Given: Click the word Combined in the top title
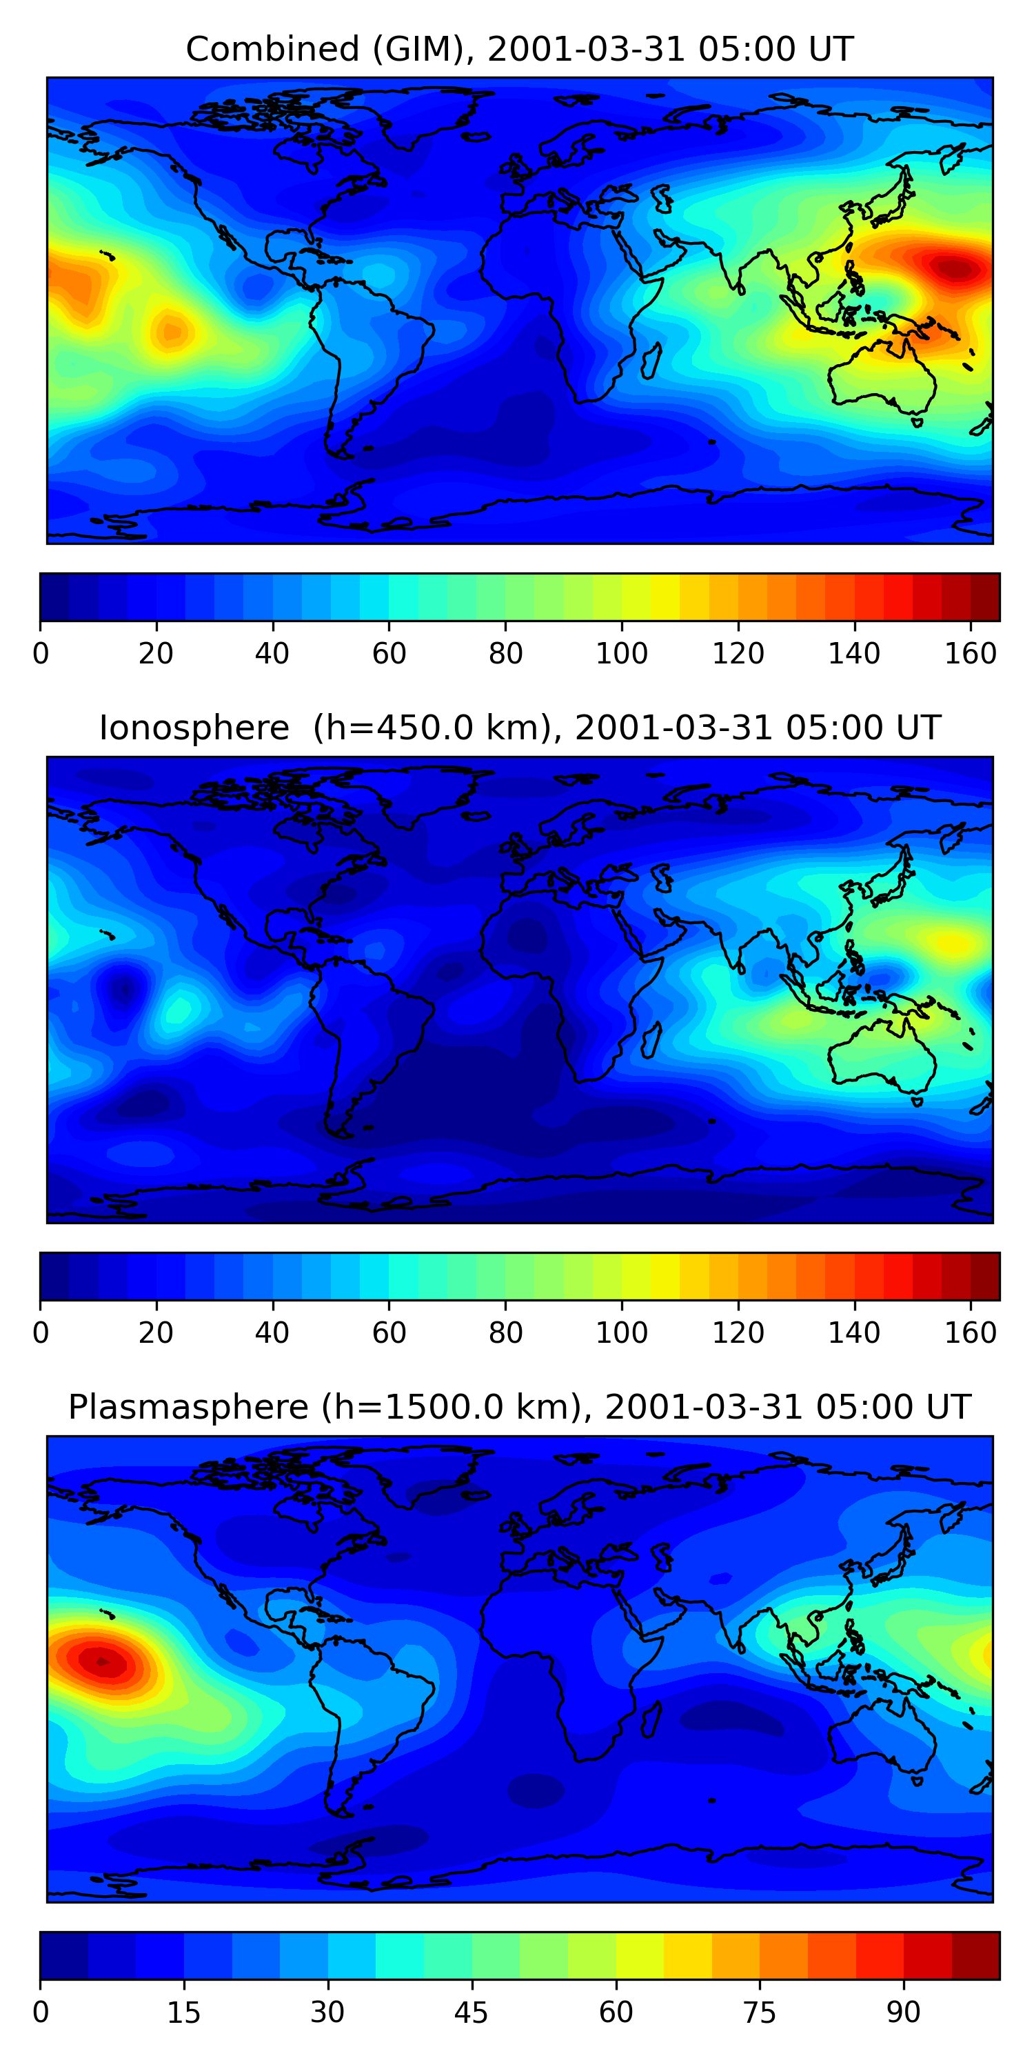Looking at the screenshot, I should [x=272, y=50].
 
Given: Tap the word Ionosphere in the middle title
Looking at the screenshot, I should [x=194, y=728].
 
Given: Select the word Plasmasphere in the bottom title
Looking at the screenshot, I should [x=188, y=1407].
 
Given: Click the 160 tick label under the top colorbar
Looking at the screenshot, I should [x=971, y=654].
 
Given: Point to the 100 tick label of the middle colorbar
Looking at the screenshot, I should [x=621, y=1332].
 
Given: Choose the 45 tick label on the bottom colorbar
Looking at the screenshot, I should [x=472, y=2012].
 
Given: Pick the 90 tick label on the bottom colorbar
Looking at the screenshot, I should [x=903, y=2012].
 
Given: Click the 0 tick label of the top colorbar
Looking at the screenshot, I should [x=41, y=654].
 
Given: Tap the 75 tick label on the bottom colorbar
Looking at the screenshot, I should [x=760, y=2012].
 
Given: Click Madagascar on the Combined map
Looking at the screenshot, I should [x=651, y=359].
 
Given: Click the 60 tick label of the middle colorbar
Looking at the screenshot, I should [x=389, y=1332].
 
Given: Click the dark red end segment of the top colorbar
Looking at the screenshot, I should [x=985, y=597].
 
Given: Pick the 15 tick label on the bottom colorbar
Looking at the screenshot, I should [x=184, y=2012].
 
